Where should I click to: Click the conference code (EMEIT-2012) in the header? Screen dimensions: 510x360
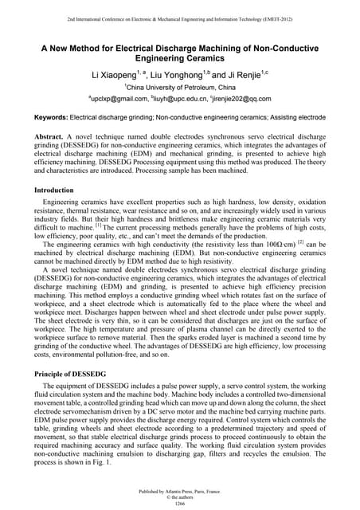(x=292, y=18)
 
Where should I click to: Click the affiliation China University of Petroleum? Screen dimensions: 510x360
(x=181, y=87)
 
